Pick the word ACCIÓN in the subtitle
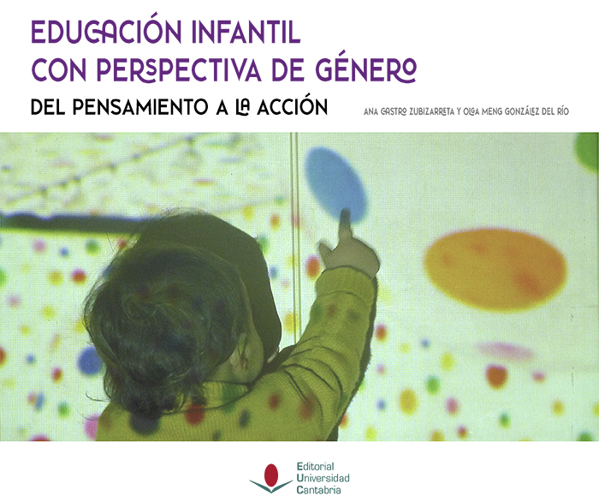[293, 106]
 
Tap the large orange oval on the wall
[495, 268]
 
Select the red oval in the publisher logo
[271, 475]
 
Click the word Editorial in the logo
[316, 467]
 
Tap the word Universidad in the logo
[323, 478]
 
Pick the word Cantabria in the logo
[318, 489]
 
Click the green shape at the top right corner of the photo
[589, 151]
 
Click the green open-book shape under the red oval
[271, 486]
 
